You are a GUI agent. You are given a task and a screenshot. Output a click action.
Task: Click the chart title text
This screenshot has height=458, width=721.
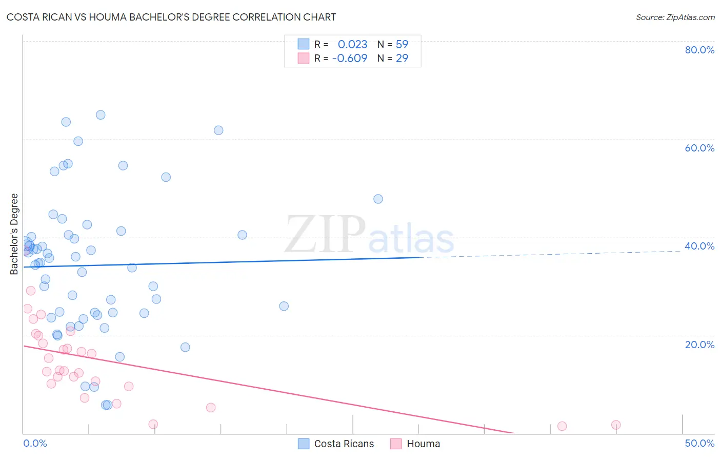(171, 17)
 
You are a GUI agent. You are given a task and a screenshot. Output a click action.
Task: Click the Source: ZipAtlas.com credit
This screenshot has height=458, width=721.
(675, 17)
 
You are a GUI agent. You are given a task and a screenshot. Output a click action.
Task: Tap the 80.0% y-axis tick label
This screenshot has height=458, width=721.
(699, 50)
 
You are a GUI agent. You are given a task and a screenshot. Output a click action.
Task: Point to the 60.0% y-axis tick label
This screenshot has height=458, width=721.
(699, 148)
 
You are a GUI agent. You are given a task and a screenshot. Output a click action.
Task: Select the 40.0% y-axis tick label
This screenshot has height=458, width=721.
(699, 246)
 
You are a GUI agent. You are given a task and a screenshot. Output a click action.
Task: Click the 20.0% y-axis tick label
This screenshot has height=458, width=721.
(699, 345)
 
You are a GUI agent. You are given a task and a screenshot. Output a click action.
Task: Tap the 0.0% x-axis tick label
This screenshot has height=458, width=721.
(35, 443)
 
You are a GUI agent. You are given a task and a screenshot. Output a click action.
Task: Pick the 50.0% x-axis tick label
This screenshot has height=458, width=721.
(699, 443)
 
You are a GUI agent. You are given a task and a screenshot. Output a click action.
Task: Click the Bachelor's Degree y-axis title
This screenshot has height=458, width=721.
(14, 234)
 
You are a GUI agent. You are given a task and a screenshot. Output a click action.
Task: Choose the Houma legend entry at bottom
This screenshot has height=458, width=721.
(416, 444)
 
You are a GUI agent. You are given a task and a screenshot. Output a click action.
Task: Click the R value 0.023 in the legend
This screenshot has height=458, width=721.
(352, 45)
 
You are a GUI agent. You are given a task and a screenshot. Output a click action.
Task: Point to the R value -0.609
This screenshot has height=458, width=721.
(350, 59)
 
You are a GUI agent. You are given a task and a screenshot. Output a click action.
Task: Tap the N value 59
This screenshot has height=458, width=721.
(402, 45)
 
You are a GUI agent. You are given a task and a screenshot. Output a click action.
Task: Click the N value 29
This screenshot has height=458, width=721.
(402, 59)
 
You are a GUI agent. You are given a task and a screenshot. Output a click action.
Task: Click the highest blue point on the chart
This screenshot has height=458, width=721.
(101, 115)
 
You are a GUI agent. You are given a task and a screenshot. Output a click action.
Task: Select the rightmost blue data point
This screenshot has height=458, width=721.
(378, 199)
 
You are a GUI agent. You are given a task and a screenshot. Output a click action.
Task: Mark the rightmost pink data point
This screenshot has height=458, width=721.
(616, 425)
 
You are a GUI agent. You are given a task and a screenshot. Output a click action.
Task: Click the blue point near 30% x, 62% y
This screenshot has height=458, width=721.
(218, 130)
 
